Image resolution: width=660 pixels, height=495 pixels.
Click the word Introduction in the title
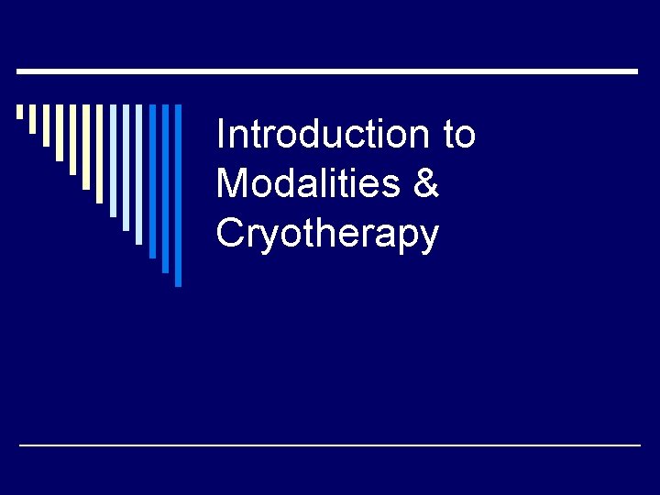point(321,135)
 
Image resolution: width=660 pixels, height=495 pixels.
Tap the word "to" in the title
point(459,135)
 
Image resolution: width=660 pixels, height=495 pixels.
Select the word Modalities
point(308,183)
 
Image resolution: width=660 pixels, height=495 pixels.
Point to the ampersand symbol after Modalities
point(426,183)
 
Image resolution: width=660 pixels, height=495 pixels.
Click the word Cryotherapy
point(327,234)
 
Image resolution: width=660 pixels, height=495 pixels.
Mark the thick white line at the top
point(328,71)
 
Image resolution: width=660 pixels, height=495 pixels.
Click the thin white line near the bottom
point(330,445)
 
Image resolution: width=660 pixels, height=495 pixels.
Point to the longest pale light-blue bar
point(139,174)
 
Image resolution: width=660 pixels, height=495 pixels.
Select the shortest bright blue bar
point(153,181)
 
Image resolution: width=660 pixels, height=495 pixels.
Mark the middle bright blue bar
point(166,188)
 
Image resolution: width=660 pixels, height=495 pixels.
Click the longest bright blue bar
point(179,195)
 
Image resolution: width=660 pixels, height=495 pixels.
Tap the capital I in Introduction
point(220,135)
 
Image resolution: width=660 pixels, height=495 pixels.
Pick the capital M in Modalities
point(230,183)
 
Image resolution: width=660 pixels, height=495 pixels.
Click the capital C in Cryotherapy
point(229,233)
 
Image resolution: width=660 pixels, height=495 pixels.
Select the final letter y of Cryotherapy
point(428,238)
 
